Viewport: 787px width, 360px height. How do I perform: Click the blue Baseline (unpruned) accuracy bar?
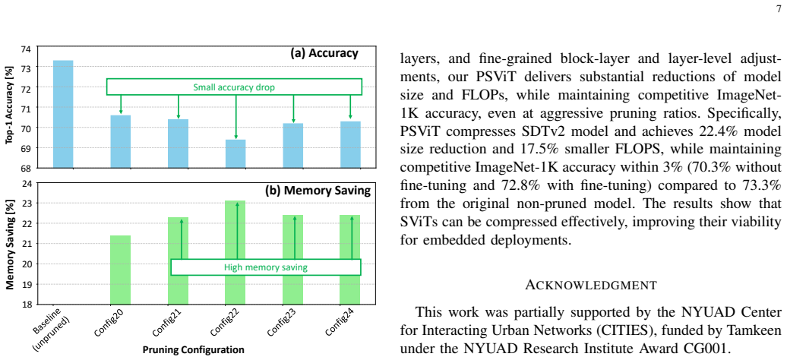click(63, 114)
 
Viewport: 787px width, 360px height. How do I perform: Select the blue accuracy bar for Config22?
click(235, 153)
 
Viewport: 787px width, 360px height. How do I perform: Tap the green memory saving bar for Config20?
click(121, 270)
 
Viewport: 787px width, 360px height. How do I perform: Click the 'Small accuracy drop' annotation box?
click(234, 87)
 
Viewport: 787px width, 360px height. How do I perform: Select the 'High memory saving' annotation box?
click(266, 267)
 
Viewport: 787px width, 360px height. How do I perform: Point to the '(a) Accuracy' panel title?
click(324, 53)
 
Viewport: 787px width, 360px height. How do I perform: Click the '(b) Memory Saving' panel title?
click(318, 191)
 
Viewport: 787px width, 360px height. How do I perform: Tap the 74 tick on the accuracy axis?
click(26, 49)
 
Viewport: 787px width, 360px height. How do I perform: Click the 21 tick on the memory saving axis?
click(26, 244)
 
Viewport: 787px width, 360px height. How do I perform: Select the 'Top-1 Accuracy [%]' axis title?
click(8, 107)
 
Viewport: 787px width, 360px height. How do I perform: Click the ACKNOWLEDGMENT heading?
click(591, 285)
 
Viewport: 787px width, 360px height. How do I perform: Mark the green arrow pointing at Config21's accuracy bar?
click(179, 107)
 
